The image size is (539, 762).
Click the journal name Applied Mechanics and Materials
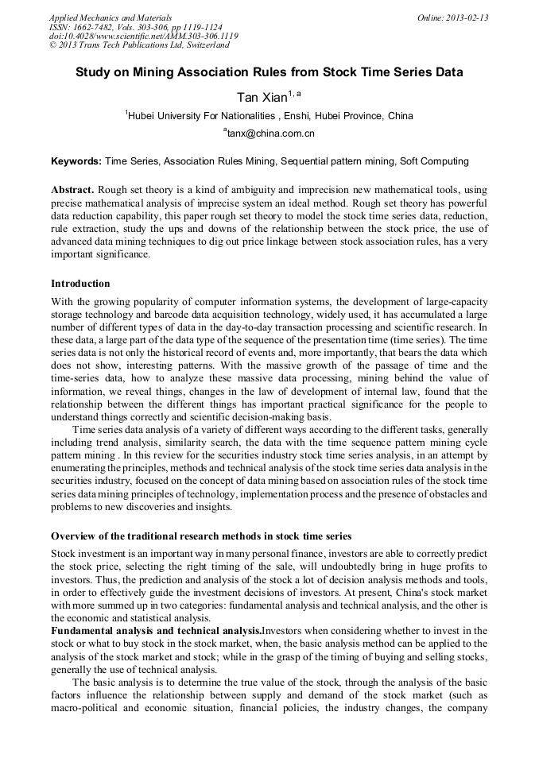[110, 17]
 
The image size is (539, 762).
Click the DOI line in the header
[143, 37]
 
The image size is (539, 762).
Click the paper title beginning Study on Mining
[269, 72]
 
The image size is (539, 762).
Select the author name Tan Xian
[262, 97]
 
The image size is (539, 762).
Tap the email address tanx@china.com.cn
[269, 133]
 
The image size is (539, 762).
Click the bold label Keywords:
[76, 161]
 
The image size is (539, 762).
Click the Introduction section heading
[80, 284]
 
